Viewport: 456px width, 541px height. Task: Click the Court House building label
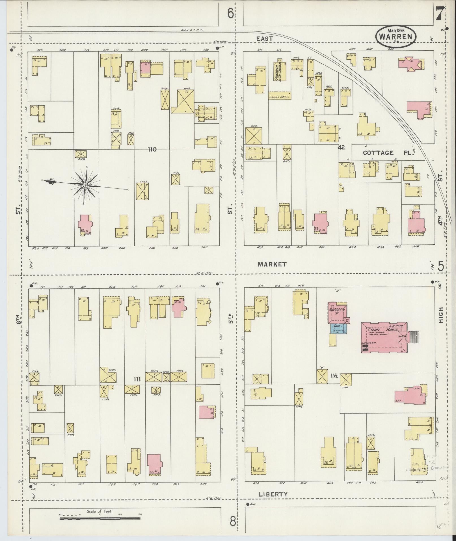click(x=383, y=330)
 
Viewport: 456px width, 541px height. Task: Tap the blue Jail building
click(x=338, y=328)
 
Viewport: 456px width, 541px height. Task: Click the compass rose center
click(x=85, y=185)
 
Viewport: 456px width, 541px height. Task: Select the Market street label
click(x=272, y=264)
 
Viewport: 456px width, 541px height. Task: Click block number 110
click(x=152, y=149)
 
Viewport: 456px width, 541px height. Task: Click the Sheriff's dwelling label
click(x=337, y=311)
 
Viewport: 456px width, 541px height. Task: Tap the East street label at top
click(x=265, y=38)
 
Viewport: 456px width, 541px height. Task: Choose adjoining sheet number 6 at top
click(x=231, y=13)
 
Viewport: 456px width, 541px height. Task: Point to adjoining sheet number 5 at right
click(x=440, y=266)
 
